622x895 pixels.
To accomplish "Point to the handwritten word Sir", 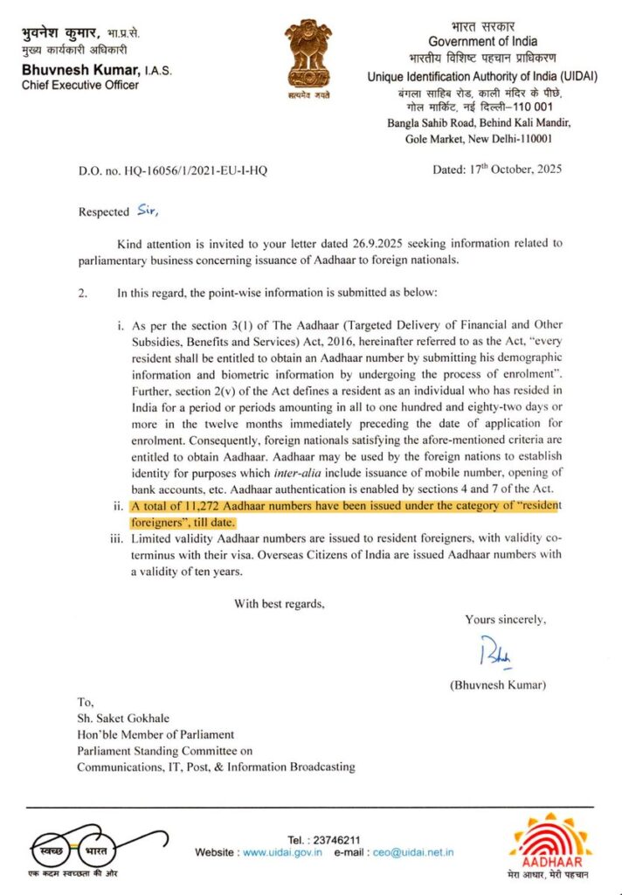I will click(149, 211).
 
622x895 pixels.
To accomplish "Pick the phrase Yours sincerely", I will click(506, 620).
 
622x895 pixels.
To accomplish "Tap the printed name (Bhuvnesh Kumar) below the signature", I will click(499, 685).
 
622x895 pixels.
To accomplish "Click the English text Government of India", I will click(483, 41).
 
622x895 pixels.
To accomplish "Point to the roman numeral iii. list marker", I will click(116, 540).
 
